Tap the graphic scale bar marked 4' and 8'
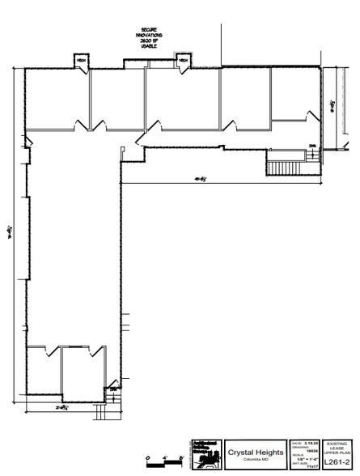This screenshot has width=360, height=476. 165,461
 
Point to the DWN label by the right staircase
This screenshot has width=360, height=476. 312,147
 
